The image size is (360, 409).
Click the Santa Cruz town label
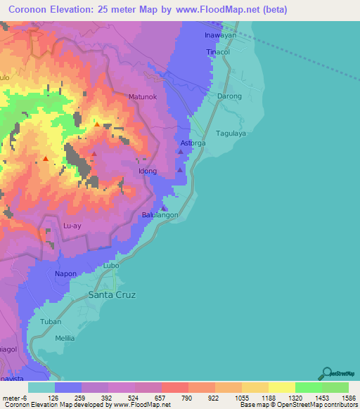pyautogui.click(x=112, y=295)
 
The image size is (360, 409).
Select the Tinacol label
pyautogui.click(x=218, y=53)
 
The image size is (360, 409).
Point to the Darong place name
pyautogui.click(x=229, y=96)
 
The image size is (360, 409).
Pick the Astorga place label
pyautogui.click(x=193, y=143)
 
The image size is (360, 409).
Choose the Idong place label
pyautogui.click(x=147, y=171)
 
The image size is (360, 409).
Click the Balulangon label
pyautogui.click(x=160, y=215)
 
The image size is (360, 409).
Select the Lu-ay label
pyautogui.click(x=73, y=226)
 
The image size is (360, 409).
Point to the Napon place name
pyautogui.click(x=65, y=273)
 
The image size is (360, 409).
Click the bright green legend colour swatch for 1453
pyautogui.click(x=308, y=387)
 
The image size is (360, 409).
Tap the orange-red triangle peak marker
pyautogui.click(x=46, y=159)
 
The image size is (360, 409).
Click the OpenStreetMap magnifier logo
pyautogui.click(x=327, y=373)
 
